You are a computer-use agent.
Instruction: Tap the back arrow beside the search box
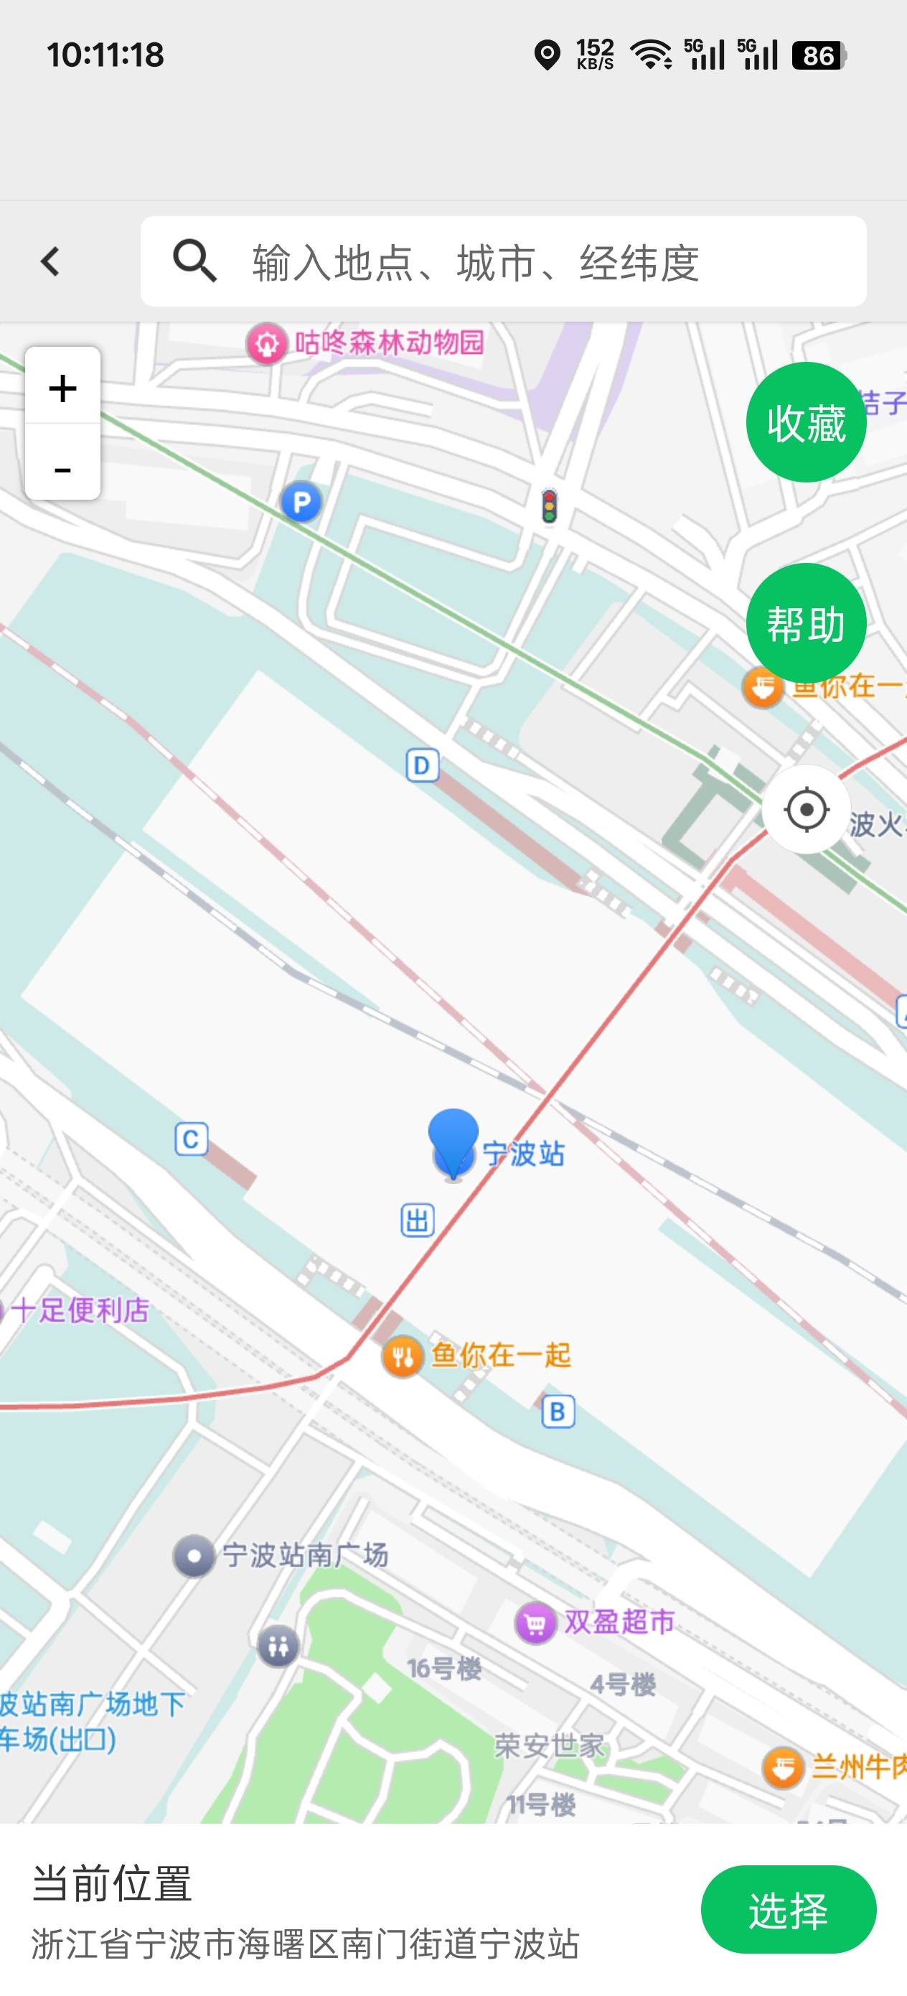pyautogui.click(x=50, y=262)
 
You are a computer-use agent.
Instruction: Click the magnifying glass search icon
pyautogui.click(x=194, y=261)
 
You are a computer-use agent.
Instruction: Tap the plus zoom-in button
pyautogui.click(x=62, y=388)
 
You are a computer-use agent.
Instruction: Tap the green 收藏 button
pyautogui.click(x=806, y=423)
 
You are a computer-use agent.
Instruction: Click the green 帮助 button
pyautogui.click(x=806, y=624)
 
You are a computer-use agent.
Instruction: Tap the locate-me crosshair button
pyautogui.click(x=806, y=810)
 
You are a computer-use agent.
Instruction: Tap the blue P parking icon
pyautogui.click(x=301, y=503)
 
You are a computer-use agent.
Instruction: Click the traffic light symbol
pyautogui.click(x=549, y=506)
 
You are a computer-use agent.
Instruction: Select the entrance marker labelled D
pyautogui.click(x=422, y=765)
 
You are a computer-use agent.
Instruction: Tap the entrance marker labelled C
pyautogui.click(x=191, y=1139)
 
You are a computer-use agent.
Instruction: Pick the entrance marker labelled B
pyautogui.click(x=558, y=1412)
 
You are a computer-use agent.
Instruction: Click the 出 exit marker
pyautogui.click(x=417, y=1221)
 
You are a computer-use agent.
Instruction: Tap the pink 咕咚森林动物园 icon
pyautogui.click(x=266, y=343)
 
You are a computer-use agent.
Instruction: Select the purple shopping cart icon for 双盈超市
pyautogui.click(x=535, y=1623)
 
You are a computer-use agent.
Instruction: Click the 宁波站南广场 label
pyautogui.click(x=304, y=1555)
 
